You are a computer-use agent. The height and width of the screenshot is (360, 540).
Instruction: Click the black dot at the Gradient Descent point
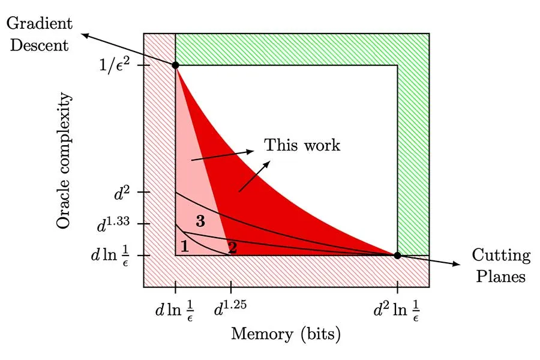click(x=175, y=65)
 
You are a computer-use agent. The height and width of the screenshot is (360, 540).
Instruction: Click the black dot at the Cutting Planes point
click(x=397, y=256)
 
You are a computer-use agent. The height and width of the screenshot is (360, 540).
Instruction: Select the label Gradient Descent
click(x=39, y=34)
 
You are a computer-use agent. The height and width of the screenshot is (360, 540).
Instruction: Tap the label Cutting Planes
click(x=501, y=266)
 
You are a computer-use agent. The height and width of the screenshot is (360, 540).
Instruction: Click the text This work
click(x=302, y=145)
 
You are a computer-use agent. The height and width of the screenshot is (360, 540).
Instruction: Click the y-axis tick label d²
click(x=122, y=194)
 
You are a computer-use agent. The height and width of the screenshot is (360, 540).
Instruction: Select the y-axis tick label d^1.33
click(x=113, y=224)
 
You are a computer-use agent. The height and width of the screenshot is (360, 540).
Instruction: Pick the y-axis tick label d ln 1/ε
click(x=110, y=257)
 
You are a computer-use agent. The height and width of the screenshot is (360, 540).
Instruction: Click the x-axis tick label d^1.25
click(x=230, y=308)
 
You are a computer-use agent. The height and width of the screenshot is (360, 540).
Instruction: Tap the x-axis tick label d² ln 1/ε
click(x=397, y=310)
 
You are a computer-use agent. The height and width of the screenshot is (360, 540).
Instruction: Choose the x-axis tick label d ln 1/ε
click(x=174, y=310)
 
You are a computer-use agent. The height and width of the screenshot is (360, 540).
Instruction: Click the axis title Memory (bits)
click(x=286, y=334)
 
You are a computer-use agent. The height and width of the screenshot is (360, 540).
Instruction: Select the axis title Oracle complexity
click(x=64, y=160)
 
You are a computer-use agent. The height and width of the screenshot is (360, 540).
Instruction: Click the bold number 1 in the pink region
click(x=185, y=247)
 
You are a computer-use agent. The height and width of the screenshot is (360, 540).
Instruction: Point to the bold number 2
click(x=233, y=248)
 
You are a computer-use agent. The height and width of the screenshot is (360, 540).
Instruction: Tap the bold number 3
click(x=200, y=221)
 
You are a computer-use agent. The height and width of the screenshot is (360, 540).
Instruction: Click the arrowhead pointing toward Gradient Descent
click(x=85, y=35)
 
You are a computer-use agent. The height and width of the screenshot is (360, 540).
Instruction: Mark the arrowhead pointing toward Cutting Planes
click(x=456, y=264)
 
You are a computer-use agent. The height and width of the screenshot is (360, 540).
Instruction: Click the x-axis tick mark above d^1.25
click(x=231, y=287)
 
